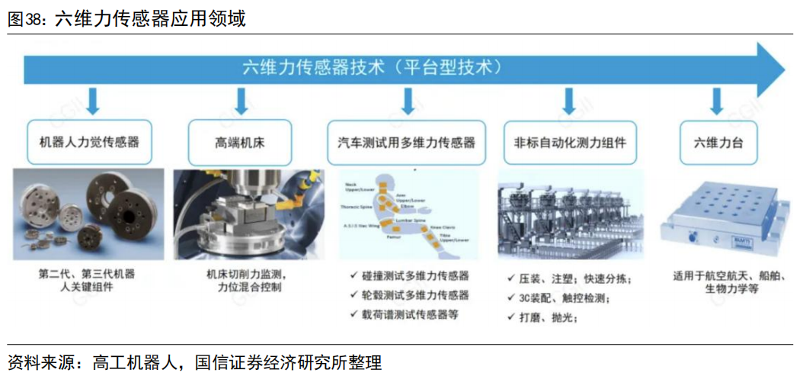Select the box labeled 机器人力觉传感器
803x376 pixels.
click(89, 142)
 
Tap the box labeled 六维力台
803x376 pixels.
click(716, 142)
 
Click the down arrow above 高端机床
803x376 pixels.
click(241, 101)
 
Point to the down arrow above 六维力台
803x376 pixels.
click(716, 101)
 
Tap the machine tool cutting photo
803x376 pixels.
click(241, 217)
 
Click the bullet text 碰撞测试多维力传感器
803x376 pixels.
click(415, 275)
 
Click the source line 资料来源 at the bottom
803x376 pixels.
click(194, 362)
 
